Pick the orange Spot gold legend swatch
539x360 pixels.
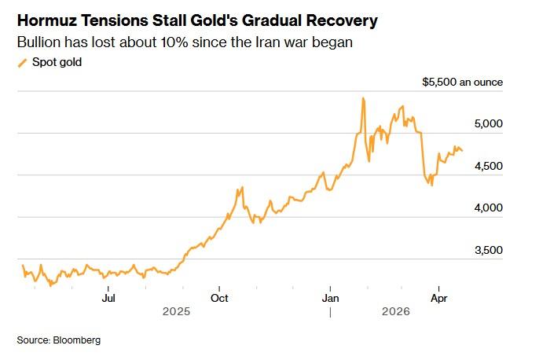tap(22, 63)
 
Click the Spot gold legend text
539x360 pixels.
tap(57, 63)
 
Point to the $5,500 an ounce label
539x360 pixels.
tap(462, 83)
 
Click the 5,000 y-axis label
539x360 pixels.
tap(489, 123)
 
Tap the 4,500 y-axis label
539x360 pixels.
tap(489, 166)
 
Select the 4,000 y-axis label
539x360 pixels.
tap(489, 208)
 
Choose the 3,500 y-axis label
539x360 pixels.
tap(489, 250)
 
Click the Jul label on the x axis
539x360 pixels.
tap(108, 298)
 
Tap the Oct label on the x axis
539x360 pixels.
tap(219, 298)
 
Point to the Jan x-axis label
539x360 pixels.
tap(330, 298)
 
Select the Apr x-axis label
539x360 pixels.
tap(439, 298)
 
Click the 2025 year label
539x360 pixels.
tap(176, 311)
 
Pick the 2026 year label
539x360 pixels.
tap(396, 311)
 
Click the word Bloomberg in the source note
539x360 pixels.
tap(77, 340)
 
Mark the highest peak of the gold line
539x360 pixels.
tap(363, 99)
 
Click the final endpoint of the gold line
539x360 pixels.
tap(462, 151)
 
